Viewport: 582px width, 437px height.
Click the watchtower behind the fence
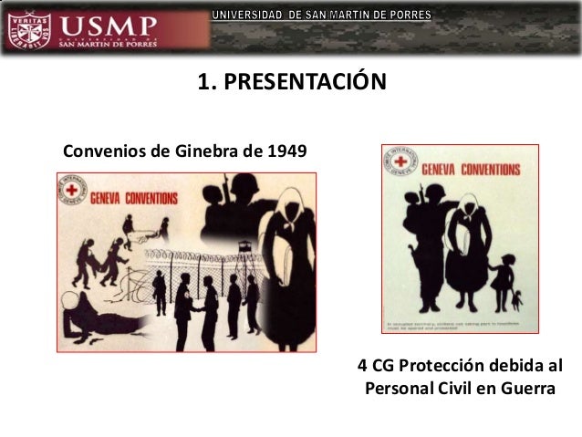[244, 246]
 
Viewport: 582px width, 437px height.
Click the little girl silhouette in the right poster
[502, 278]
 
